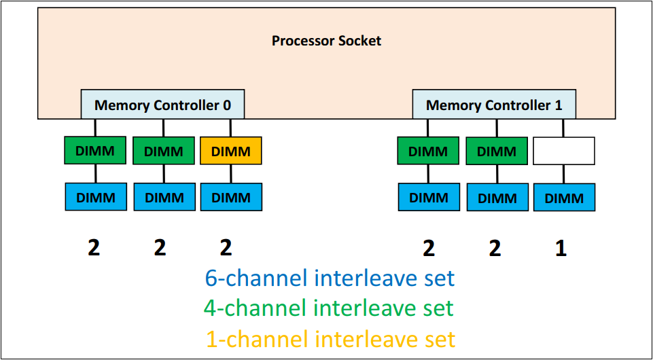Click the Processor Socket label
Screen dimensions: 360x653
click(x=326, y=41)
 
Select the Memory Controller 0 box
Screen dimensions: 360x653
click(x=162, y=105)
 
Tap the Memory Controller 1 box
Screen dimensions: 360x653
click(x=494, y=105)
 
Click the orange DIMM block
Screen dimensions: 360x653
click(x=231, y=151)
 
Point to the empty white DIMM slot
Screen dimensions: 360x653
click(x=564, y=151)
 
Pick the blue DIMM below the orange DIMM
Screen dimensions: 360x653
click(x=231, y=197)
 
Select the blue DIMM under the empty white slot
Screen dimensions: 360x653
click(x=564, y=198)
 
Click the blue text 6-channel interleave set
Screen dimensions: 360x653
click(x=330, y=278)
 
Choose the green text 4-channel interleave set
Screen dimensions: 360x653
click(x=328, y=308)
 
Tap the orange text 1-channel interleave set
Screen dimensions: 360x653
click(x=330, y=338)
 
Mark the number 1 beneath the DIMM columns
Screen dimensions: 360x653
click(x=561, y=249)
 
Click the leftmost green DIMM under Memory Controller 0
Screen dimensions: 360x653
click(x=95, y=150)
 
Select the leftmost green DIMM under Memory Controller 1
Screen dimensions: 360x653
click(x=428, y=151)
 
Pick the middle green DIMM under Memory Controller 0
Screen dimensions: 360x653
click(x=164, y=151)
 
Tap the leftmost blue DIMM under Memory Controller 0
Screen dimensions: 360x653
click(x=96, y=197)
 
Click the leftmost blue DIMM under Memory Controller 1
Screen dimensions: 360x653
click(x=428, y=197)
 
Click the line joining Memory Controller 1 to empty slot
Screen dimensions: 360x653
click(x=563, y=128)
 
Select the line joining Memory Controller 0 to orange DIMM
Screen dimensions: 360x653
click(x=230, y=128)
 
